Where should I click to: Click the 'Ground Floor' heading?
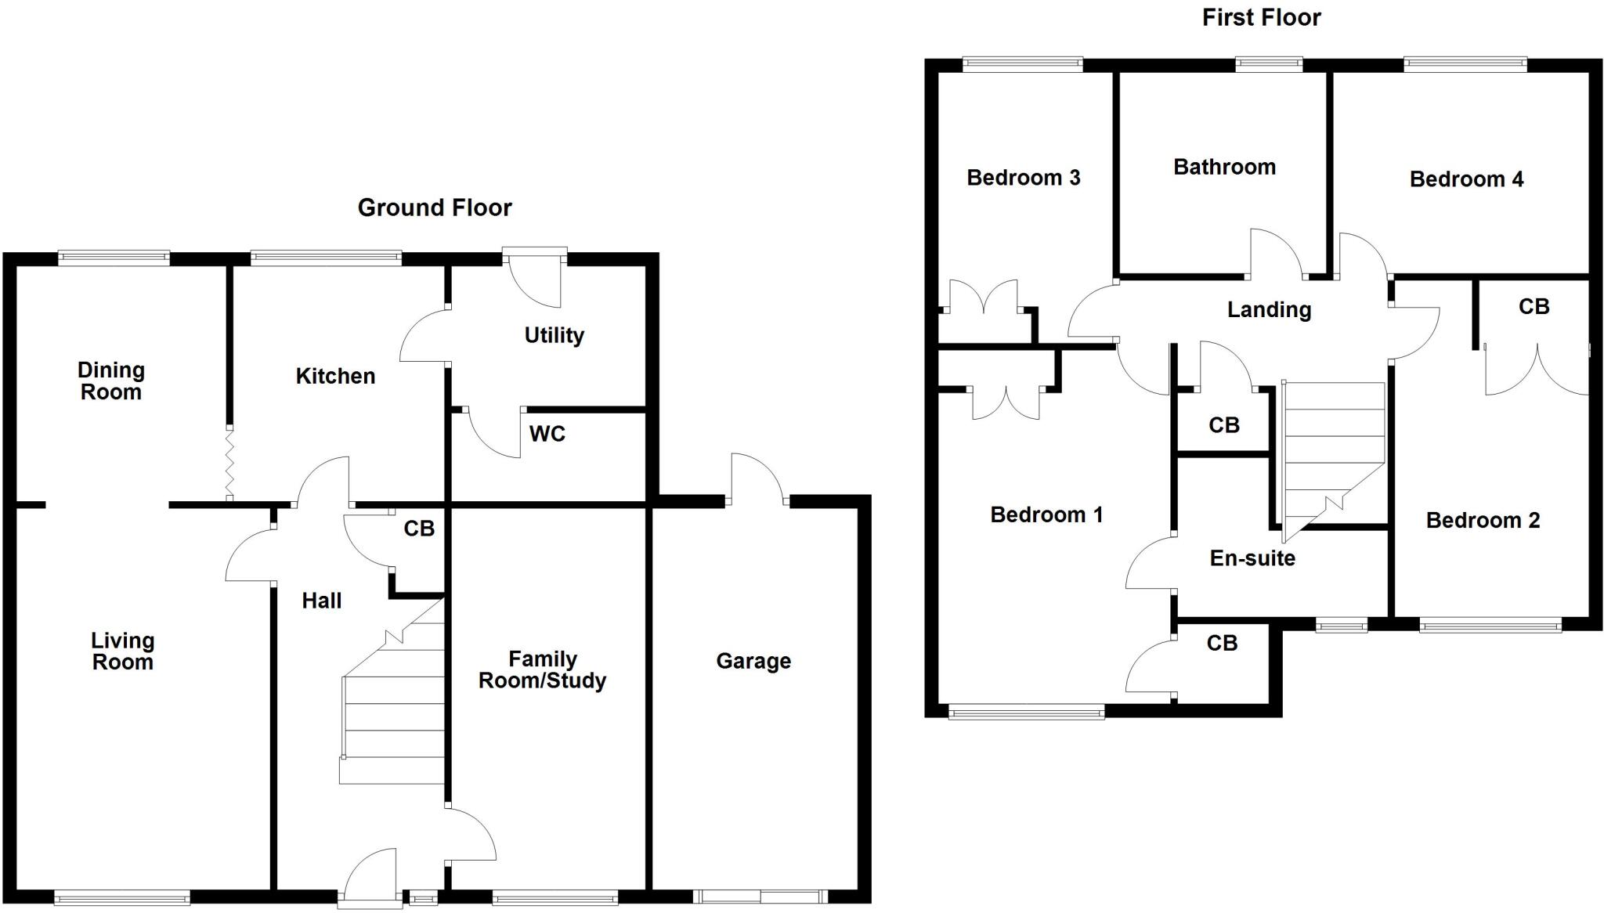(435, 207)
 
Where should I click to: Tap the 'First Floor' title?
(1261, 17)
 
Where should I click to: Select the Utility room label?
(554, 335)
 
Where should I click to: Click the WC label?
(547, 434)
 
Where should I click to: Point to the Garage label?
(753, 661)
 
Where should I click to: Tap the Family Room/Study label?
(542, 669)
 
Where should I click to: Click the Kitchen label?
(335, 376)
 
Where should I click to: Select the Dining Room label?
(111, 381)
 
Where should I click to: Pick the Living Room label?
(122, 651)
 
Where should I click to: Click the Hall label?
(322, 601)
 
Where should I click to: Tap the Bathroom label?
(1224, 167)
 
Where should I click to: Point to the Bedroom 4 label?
(1466, 179)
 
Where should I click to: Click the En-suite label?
(1252, 558)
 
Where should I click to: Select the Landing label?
(1269, 310)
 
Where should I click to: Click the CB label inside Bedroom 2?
(1534, 307)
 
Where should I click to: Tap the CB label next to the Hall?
(419, 529)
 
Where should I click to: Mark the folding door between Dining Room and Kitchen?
(229, 463)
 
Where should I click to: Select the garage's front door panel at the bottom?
(760, 897)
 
